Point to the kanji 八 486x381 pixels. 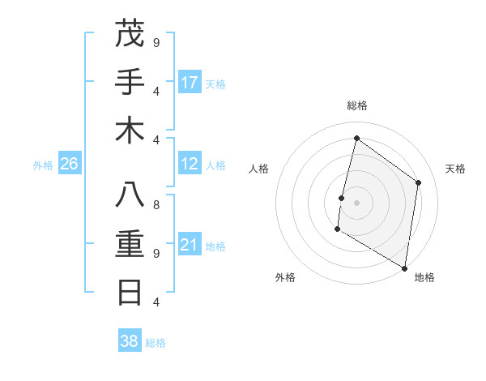(130, 196)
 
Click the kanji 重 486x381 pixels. (130, 244)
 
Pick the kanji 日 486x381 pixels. (130, 292)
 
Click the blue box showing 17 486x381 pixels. (190, 83)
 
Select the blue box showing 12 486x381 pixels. (190, 164)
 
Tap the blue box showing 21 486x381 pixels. (190, 245)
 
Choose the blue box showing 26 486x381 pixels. (69, 164)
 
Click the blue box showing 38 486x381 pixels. (130, 341)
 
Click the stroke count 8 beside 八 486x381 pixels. (156, 205)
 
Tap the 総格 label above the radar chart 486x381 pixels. (356, 105)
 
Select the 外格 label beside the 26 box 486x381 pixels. (43, 165)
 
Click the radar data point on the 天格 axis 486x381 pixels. (419, 182)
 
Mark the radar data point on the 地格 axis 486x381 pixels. (404, 268)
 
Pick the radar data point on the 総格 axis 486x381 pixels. (356, 138)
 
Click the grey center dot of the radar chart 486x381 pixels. (356, 203)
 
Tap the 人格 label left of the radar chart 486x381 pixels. (259, 169)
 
